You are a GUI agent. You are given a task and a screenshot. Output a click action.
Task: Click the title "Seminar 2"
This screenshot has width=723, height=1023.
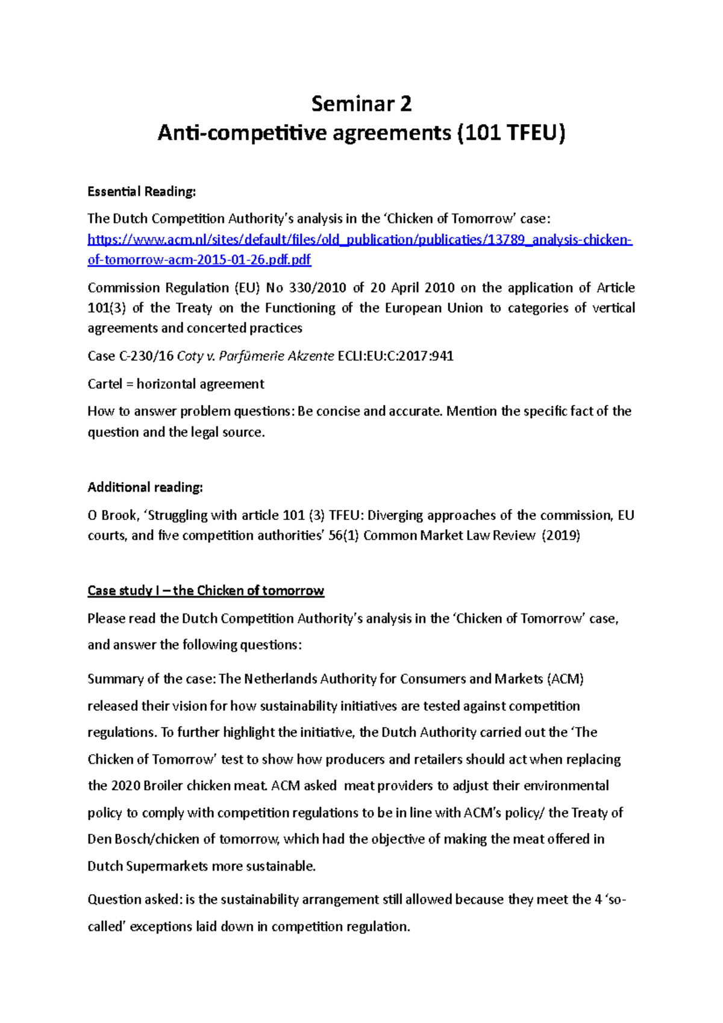(x=361, y=104)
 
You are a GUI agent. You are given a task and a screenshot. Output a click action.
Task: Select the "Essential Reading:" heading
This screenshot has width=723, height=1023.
(x=142, y=192)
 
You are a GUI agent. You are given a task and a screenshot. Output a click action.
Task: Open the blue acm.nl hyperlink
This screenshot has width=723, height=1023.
(x=360, y=240)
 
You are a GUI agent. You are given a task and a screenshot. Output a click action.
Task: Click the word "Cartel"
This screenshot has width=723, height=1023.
(x=104, y=384)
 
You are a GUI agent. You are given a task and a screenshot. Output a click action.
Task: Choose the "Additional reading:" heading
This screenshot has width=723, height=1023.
(x=145, y=487)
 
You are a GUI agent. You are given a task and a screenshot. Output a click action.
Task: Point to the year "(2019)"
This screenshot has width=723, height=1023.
(x=561, y=536)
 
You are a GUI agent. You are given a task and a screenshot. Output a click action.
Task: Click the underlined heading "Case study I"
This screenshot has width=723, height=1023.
(x=124, y=590)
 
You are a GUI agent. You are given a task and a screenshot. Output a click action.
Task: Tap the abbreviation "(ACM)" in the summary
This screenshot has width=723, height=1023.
(x=565, y=679)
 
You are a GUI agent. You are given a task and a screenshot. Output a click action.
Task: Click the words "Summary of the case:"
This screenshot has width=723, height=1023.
(x=151, y=679)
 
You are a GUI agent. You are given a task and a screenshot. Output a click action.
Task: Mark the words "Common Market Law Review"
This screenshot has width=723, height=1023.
(x=449, y=536)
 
